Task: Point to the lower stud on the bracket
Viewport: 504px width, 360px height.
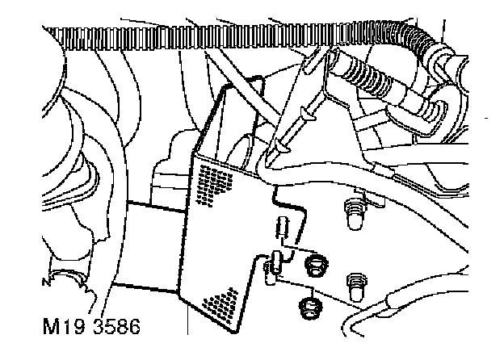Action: [x=353, y=283]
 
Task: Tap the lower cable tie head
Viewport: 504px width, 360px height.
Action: [x=280, y=146]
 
